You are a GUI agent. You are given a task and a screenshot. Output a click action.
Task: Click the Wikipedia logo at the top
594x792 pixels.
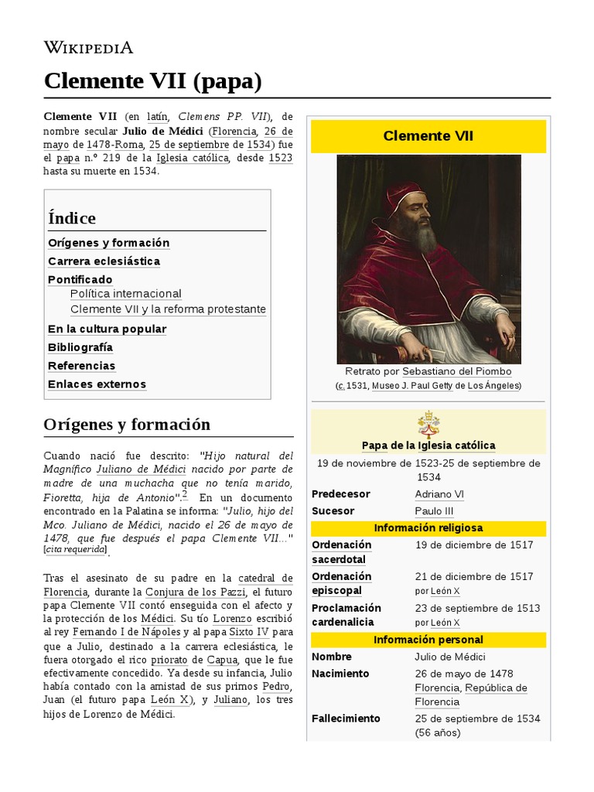point(89,47)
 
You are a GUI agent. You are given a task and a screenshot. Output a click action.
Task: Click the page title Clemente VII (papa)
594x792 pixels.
point(153,80)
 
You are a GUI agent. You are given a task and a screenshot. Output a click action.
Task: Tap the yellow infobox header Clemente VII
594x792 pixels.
point(428,136)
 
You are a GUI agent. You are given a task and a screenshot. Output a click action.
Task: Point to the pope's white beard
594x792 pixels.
point(425,236)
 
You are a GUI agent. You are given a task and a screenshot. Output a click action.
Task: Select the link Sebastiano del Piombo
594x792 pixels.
point(457,371)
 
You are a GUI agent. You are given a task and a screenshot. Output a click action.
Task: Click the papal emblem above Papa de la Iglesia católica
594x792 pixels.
point(428,425)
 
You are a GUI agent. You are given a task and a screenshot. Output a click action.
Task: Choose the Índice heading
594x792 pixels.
point(72,218)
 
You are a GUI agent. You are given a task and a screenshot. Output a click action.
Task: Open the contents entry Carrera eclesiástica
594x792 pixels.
point(104,261)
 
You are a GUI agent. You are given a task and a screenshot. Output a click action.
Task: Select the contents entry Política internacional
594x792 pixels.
point(126,294)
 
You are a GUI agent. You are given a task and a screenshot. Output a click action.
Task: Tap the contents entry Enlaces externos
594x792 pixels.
point(97,384)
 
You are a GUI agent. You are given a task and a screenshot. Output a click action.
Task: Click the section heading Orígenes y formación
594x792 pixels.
point(127,425)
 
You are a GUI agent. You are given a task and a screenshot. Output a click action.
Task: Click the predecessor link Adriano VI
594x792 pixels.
point(439,494)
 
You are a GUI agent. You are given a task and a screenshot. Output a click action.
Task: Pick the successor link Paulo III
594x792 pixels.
point(434,511)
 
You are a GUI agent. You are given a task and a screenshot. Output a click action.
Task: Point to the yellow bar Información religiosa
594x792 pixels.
point(428,528)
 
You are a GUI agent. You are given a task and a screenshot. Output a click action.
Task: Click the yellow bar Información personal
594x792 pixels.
point(428,640)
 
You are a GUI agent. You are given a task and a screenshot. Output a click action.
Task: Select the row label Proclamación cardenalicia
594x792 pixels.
point(346,615)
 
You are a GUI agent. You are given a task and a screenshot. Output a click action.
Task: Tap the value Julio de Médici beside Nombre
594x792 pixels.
point(450,657)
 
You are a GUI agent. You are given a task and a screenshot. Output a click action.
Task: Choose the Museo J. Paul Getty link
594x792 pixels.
point(416,386)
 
